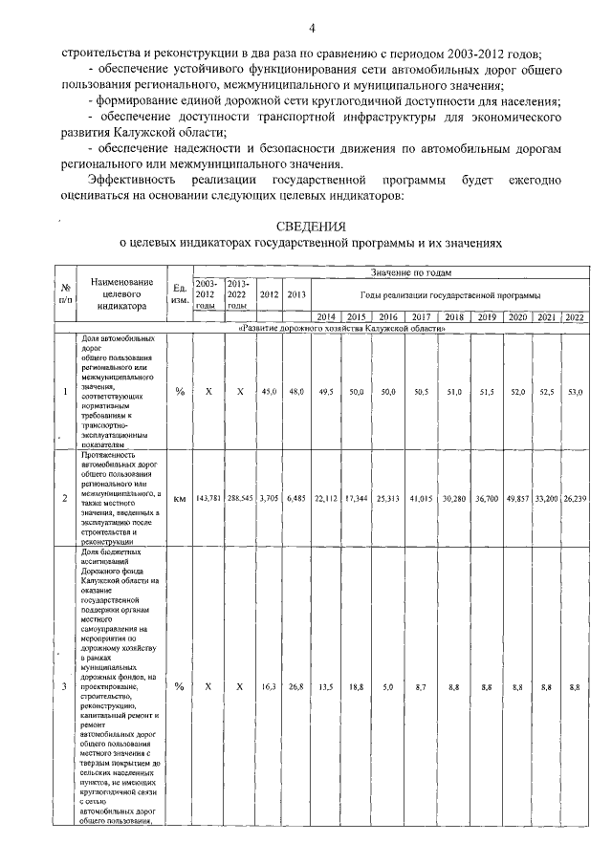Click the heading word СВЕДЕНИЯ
click(309, 227)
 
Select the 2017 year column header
click(420, 317)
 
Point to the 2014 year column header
click(326, 317)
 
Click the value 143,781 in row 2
click(208, 498)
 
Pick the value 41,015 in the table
click(420, 498)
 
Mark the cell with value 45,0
click(270, 392)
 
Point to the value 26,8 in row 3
click(297, 686)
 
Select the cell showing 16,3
click(270, 686)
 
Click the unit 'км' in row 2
click(180, 498)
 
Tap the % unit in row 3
click(180, 686)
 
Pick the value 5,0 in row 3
click(388, 686)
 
